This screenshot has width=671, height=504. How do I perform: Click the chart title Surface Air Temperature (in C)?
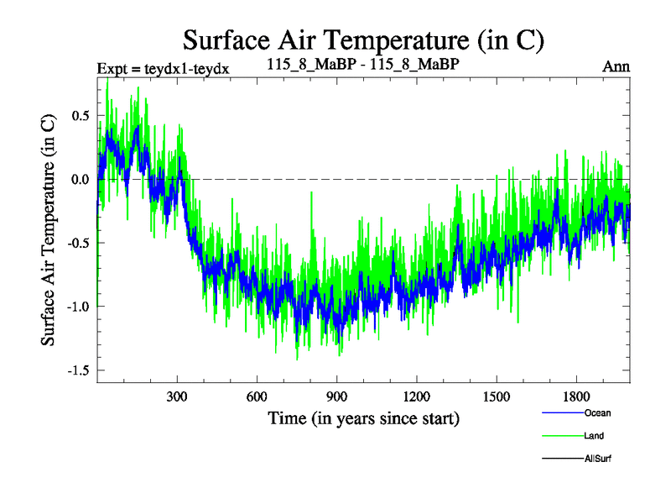(x=363, y=39)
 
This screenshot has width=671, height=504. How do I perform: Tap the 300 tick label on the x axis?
(x=177, y=396)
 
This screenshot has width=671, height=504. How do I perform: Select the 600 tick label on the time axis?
(x=257, y=396)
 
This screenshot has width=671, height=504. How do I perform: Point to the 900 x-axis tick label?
(x=336, y=396)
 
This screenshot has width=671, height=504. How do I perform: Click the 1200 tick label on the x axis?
(x=416, y=396)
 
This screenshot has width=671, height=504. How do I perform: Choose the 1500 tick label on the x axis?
(x=496, y=396)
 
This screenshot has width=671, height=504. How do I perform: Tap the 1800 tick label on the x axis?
(x=575, y=396)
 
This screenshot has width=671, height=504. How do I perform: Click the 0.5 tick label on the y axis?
(x=80, y=115)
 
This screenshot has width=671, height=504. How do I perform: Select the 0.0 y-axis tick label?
(x=80, y=179)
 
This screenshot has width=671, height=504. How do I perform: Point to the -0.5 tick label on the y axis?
(x=77, y=243)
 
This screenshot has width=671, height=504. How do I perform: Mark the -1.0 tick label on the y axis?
(x=77, y=306)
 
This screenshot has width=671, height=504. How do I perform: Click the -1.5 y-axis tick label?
(x=77, y=370)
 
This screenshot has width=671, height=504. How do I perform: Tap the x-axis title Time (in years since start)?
(x=363, y=417)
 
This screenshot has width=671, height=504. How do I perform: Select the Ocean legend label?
(x=597, y=413)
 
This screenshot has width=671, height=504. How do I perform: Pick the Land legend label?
(x=594, y=436)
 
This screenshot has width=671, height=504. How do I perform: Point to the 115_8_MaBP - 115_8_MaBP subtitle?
(x=363, y=65)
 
